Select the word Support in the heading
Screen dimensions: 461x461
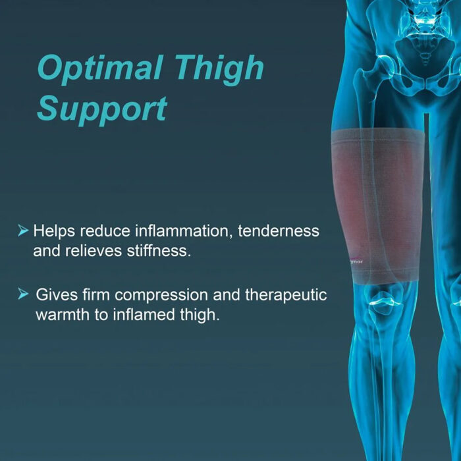(x=101, y=109)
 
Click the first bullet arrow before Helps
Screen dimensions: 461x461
(x=23, y=230)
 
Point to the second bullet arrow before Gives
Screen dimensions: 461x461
(x=23, y=294)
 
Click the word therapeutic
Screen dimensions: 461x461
(x=285, y=294)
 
